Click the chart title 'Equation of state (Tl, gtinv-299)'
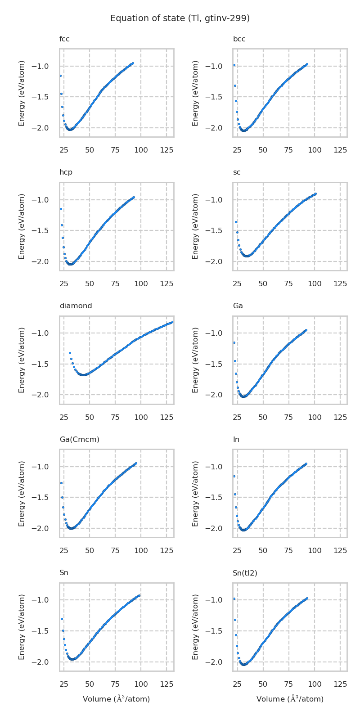pyautogui.click(x=180, y=18)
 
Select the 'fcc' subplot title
pyautogui.click(x=64, y=39)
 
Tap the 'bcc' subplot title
pyautogui.click(x=239, y=39)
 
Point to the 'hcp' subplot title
pyautogui.click(x=66, y=172)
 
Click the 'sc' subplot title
pyautogui.click(x=237, y=172)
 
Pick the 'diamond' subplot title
pyautogui.click(x=76, y=306)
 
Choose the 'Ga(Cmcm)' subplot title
pyautogui.click(x=79, y=439)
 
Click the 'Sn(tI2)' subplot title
pyautogui.click(x=245, y=573)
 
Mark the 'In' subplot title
pyautogui.click(x=236, y=439)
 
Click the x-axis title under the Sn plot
pyautogui.click(x=116, y=699)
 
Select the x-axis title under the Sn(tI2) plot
pyautogui.click(x=290, y=699)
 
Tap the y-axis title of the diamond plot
pyautogui.click(x=22, y=360)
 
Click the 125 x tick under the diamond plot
pyautogui.click(x=166, y=418)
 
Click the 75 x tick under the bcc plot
pyautogui.click(x=288, y=150)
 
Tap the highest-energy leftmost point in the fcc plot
pyautogui.click(x=60, y=76)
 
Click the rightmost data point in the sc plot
pyautogui.click(x=315, y=193)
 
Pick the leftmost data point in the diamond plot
pyautogui.click(x=70, y=353)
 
